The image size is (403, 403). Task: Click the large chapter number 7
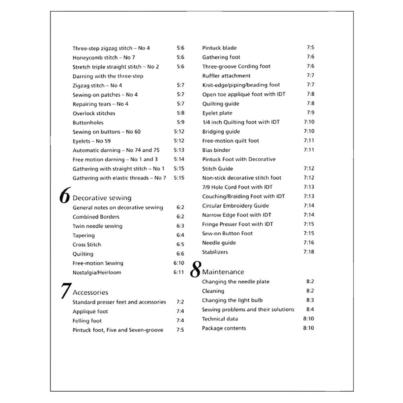click(x=65, y=291)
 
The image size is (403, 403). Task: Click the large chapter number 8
click(x=195, y=270)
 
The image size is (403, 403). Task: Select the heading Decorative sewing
click(x=102, y=198)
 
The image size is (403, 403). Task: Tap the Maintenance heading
click(x=223, y=272)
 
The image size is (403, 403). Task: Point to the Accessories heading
click(x=90, y=293)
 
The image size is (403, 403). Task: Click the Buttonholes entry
click(x=88, y=123)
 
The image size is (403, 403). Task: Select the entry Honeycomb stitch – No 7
click(x=104, y=57)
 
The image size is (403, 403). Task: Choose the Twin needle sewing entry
click(x=97, y=226)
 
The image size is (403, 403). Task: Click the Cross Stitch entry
click(x=87, y=245)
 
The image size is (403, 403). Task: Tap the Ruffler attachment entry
click(x=226, y=76)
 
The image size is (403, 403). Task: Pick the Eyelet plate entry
click(x=217, y=113)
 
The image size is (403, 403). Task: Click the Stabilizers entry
click(x=215, y=252)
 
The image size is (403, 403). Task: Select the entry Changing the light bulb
click(x=232, y=300)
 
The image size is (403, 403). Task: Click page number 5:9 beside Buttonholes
click(x=180, y=123)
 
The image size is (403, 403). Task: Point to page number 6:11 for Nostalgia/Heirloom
click(x=179, y=272)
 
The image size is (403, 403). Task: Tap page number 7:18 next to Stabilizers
click(x=309, y=252)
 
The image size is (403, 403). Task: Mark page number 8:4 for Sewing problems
click(x=310, y=310)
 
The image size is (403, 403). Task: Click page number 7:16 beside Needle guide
click(x=309, y=243)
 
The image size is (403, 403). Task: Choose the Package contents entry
click(x=224, y=328)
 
